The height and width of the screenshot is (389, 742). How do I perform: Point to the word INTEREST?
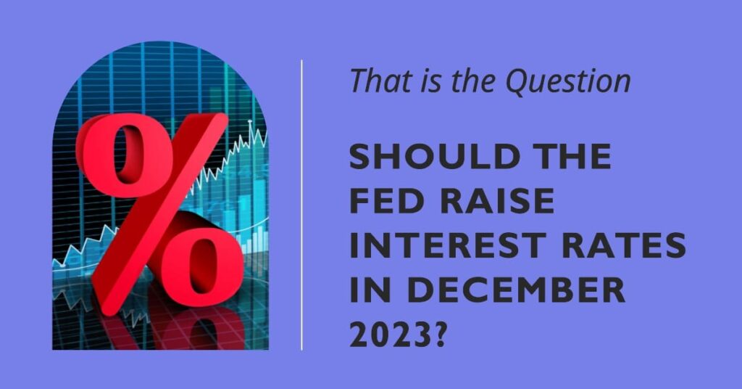coord(446,245)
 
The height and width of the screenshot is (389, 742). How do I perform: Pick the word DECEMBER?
coord(517,290)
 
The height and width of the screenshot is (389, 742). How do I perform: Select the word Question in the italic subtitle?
coord(568,81)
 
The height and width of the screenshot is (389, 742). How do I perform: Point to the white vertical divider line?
coord(302,205)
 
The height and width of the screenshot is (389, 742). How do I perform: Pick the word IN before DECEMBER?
coord(370,290)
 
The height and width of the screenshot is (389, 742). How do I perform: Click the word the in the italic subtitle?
coord(473,81)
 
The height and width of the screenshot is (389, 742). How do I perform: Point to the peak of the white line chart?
coord(250,122)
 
